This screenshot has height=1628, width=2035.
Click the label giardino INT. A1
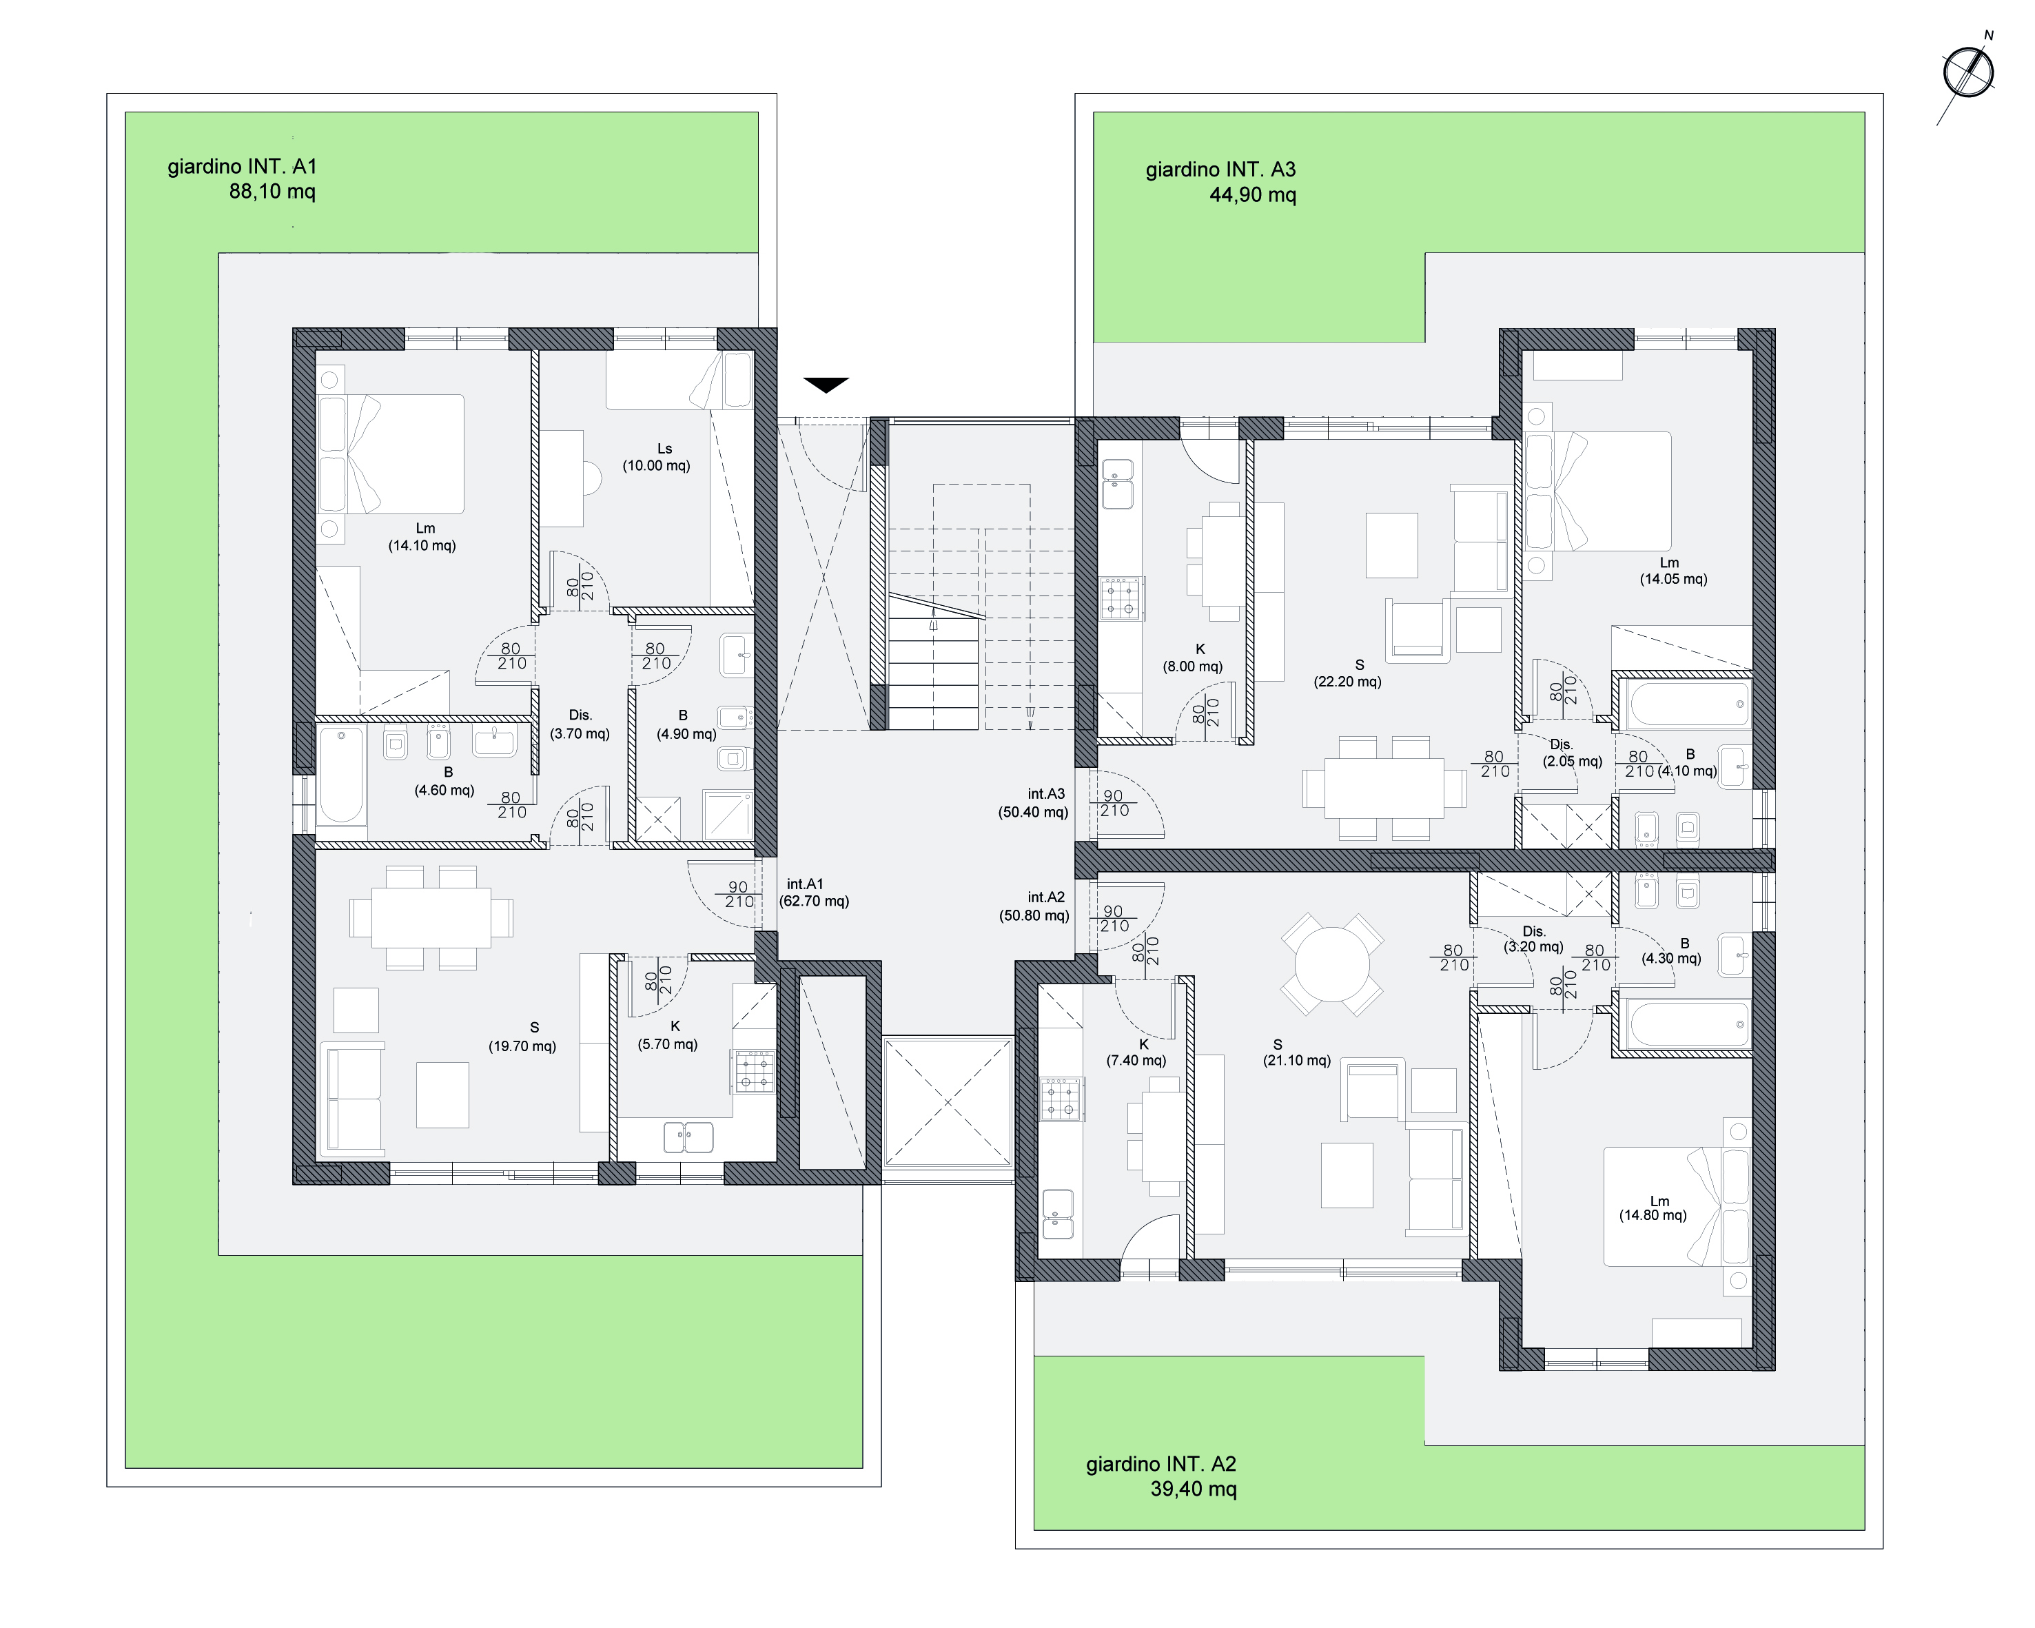click(x=243, y=167)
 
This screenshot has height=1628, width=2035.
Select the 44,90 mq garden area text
click(x=1253, y=195)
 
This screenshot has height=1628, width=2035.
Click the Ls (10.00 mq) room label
click(x=657, y=458)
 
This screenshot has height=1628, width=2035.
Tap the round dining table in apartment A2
click(x=1332, y=964)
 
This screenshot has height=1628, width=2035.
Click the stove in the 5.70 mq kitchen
click(x=754, y=1071)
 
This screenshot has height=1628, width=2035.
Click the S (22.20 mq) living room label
click(x=1348, y=673)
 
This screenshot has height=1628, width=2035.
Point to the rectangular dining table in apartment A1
click(x=431, y=917)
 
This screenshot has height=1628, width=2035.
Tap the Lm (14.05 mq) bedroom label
click(x=1673, y=571)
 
